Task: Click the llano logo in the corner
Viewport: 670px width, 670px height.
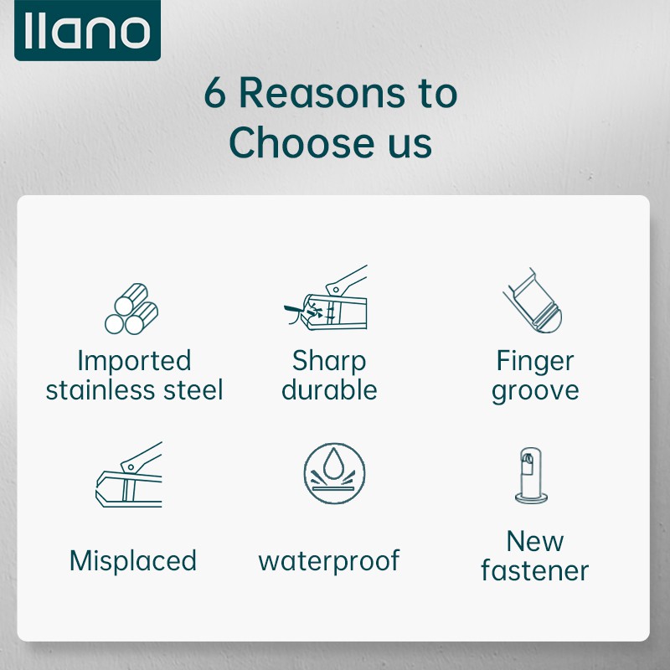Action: (x=87, y=30)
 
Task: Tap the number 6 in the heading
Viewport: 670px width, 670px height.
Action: (x=214, y=93)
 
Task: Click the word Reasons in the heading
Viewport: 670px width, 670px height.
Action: (x=322, y=93)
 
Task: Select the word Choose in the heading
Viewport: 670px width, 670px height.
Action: (x=301, y=142)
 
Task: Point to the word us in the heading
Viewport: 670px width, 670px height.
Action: (x=410, y=146)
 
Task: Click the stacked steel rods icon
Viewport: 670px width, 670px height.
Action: (x=131, y=308)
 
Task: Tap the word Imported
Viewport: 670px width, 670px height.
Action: (x=134, y=362)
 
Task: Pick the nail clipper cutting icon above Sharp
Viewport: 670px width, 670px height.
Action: (x=326, y=297)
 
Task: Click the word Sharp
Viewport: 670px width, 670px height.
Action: (x=329, y=362)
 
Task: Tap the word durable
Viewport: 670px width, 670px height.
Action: (x=329, y=389)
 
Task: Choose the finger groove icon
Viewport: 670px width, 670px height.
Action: (x=533, y=301)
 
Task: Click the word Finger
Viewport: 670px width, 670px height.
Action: (x=535, y=362)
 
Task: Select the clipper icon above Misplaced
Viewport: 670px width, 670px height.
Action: (x=129, y=475)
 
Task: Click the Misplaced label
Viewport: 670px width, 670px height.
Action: (x=133, y=560)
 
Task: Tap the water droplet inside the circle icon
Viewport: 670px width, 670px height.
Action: (x=333, y=463)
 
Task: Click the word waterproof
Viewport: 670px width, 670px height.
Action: (x=329, y=561)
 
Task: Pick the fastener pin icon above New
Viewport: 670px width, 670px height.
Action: (x=531, y=475)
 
